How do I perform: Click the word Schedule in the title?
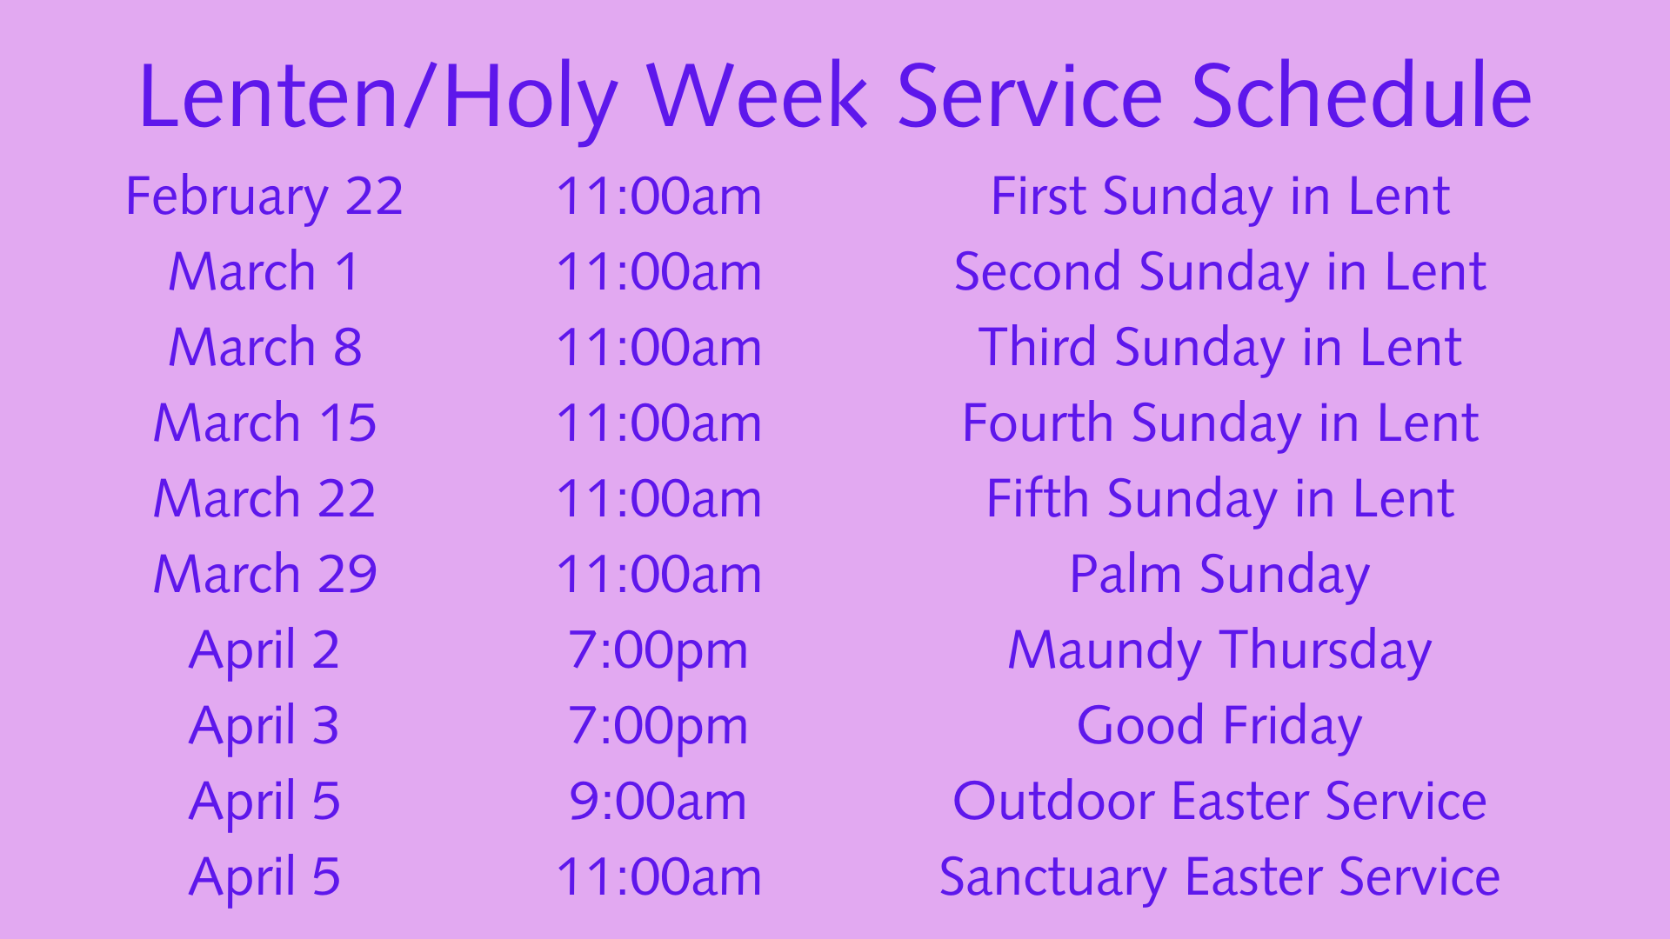[x=1361, y=96]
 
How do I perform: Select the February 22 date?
[x=264, y=197]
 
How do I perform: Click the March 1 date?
[x=264, y=271]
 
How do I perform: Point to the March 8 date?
[x=264, y=347]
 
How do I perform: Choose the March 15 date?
[x=264, y=423]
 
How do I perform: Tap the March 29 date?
[x=264, y=574]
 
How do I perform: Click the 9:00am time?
[x=658, y=801]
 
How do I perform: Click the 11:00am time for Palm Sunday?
[x=658, y=574]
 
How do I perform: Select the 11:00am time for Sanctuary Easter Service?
[x=658, y=876]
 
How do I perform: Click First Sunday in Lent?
[x=1220, y=197]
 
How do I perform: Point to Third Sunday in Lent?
[x=1220, y=349]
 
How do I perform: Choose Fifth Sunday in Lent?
[x=1220, y=500]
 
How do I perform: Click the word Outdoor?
[x=1054, y=801]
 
